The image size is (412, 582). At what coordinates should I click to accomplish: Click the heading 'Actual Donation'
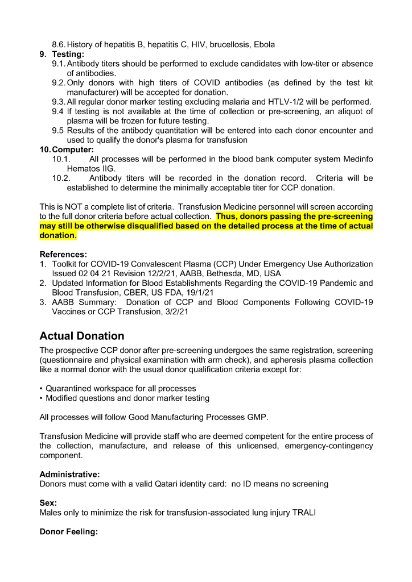click(x=82, y=336)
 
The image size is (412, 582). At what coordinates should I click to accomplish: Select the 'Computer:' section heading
click(x=72, y=149)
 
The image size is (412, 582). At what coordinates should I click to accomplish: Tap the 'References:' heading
click(x=63, y=254)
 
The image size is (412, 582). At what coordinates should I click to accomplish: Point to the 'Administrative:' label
click(x=69, y=474)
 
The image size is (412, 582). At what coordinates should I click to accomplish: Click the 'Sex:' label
click(x=48, y=503)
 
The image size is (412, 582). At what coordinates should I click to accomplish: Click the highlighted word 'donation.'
click(x=58, y=235)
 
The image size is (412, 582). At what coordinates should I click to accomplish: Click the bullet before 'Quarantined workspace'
click(x=42, y=388)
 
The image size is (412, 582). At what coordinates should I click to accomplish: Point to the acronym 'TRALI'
click(x=304, y=513)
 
